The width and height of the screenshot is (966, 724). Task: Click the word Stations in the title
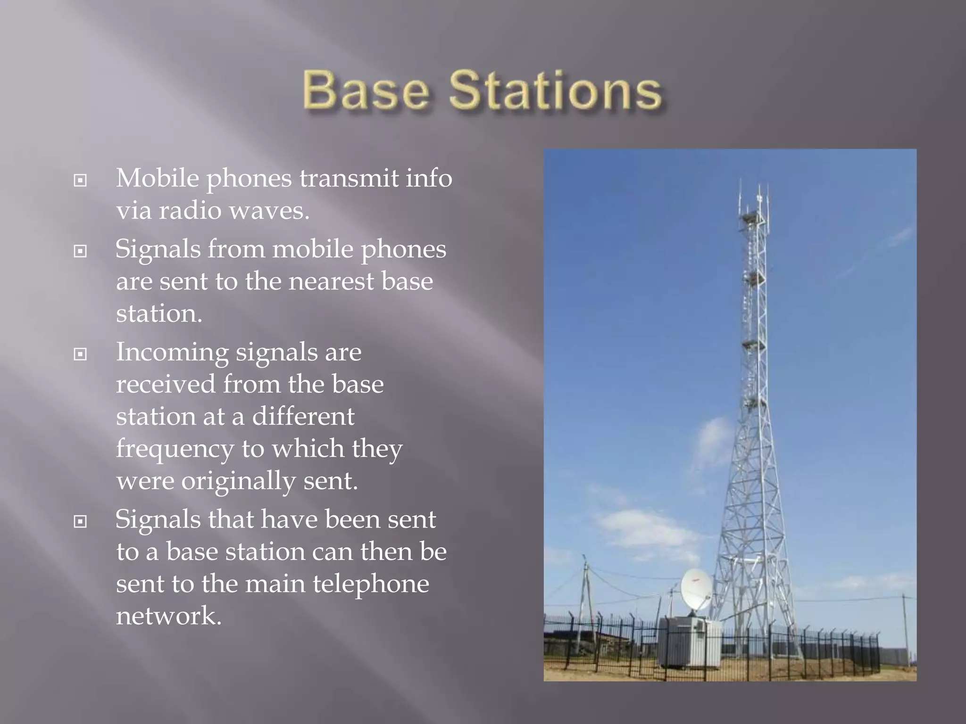[555, 90]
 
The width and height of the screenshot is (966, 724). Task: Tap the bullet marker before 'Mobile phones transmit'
[81, 180]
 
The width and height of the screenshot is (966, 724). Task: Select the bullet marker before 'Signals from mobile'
[81, 251]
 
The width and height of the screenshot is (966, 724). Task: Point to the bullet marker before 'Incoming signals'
[81, 354]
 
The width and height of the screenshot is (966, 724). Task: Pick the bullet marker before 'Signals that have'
[81, 521]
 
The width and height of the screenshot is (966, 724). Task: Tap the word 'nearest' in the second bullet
[331, 281]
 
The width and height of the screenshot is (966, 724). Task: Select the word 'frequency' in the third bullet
[175, 449]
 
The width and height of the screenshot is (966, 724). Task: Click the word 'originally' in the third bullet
[238, 481]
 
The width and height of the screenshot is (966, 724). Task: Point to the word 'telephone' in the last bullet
[371, 584]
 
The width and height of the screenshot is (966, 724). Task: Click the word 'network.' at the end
[168, 616]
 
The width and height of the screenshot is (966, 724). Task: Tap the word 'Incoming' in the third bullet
[172, 353]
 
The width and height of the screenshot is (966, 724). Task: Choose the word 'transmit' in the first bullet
[349, 178]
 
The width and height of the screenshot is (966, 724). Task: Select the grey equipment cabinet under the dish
[690, 641]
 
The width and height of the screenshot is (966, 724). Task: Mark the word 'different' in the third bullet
[303, 417]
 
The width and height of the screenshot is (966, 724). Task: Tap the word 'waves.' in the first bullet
[269, 210]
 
